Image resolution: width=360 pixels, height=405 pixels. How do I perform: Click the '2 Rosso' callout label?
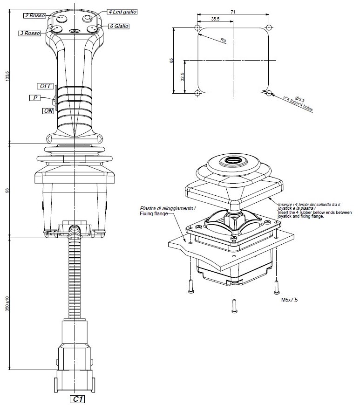coord(35,16)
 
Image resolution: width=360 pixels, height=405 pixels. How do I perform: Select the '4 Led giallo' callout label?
coord(122,11)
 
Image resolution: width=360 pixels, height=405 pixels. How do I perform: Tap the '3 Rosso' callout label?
coord(30,33)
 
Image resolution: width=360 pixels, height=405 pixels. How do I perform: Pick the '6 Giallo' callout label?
coord(119,27)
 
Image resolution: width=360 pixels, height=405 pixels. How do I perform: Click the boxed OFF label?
coord(45,86)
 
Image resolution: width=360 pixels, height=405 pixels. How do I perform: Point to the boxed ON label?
coord(48,111)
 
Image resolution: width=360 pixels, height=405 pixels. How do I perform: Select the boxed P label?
coord(35,98)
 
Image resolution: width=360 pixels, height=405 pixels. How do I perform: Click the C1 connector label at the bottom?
coord(77,399)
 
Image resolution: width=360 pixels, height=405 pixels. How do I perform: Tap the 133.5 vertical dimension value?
coord(7,77)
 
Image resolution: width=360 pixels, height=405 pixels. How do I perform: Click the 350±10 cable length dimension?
coord(7,303)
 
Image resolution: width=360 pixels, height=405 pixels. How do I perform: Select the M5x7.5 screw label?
coord(290,301)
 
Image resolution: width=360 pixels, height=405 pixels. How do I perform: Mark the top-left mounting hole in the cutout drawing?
coord(197,28)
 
